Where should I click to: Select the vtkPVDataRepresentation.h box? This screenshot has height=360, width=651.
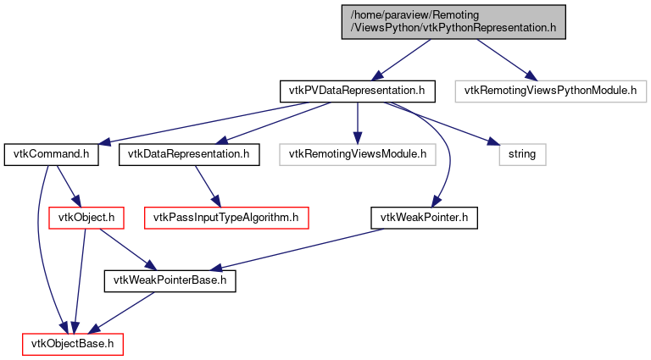(x=358, y=90)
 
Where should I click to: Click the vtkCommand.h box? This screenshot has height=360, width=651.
(x=52, y=155)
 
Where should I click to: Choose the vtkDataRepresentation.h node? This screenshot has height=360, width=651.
(x=188, y=155)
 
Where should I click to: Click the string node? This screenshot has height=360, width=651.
(x=521, y=155)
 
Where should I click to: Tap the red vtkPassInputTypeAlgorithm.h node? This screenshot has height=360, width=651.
(x=226, y=218)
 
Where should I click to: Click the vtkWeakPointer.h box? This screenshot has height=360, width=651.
(x=426, y=218)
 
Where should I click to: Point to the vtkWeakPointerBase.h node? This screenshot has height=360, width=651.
(x=170, y=280)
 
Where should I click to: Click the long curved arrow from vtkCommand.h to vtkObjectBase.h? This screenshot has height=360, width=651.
(x=37, y=246)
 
